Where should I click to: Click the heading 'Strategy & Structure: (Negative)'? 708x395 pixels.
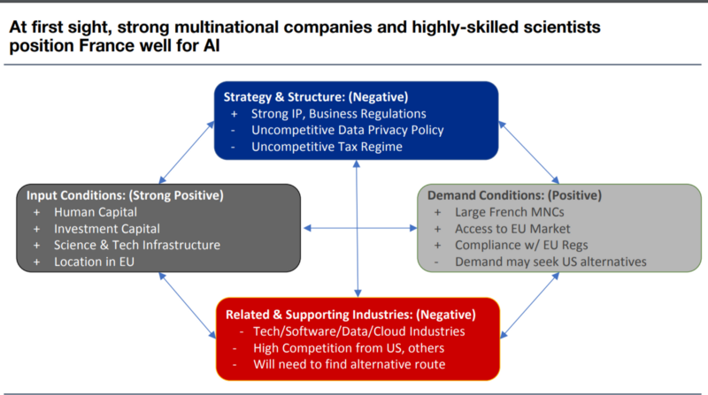click(x=316, y=97)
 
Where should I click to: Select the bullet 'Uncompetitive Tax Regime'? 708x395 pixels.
click(x=327, y=147)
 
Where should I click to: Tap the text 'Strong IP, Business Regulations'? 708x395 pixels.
click(x=339, y=114)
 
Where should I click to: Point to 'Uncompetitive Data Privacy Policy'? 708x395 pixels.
click(x=347, y=130)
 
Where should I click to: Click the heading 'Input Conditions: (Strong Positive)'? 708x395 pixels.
click(x=125, y=195)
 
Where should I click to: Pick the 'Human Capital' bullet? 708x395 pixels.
click(x=96, y=212)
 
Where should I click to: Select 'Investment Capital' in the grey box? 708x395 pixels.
click(x=107, y=229)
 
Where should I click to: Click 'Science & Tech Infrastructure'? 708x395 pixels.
click(x=137, y=245)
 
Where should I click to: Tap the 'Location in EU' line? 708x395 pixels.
click(x=94, y=262)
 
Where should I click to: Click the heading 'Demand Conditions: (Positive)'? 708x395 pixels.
click(x=515, y=195)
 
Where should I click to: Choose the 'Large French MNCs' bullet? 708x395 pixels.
click(x=510, y=212)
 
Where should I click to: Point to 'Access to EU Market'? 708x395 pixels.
click(x=512, y=229)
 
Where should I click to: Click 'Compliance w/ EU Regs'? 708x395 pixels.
click(x=521, y=245)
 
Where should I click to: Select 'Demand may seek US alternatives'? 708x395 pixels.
click(x=550, y=262)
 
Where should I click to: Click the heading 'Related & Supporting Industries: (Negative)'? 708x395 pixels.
click(x=350, y=315)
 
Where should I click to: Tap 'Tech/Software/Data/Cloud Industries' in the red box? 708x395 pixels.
click(x=359, y=331)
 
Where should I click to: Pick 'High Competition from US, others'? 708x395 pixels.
click(x=349, y=348)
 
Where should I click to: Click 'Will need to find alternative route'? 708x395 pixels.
click(x=349, y=364)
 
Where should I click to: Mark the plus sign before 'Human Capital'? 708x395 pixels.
click(x=36, y=212)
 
